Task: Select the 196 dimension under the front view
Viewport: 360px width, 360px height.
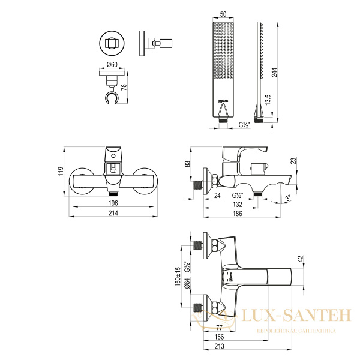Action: click(112, 203)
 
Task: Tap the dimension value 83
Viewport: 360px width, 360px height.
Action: click(188, 164)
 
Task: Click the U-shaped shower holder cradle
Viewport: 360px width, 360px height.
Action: click(112, 95)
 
